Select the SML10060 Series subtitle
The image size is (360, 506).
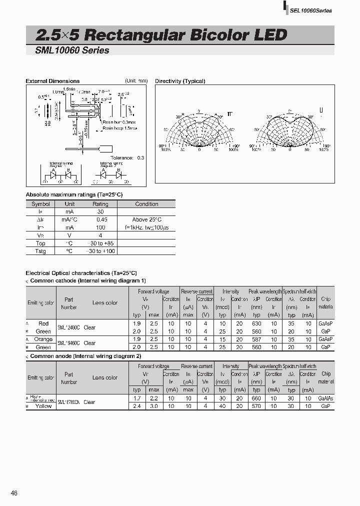click(72, 50)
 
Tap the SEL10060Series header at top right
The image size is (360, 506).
click(310, 10)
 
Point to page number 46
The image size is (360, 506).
click(14, 493)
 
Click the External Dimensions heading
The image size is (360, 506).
click(52, 81)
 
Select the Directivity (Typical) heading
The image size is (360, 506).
click(180, 81)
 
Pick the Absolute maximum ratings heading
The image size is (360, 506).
click(74, 194)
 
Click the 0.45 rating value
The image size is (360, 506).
click(100, 219)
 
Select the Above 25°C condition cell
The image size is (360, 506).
click(146, 219)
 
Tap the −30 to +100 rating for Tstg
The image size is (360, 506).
click(100, 251)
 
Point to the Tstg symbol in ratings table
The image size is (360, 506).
click(40, 251)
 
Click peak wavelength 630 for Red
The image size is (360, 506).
click(256, 323)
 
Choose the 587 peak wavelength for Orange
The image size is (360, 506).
click(256, 339)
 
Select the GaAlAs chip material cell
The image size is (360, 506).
click(325, 398)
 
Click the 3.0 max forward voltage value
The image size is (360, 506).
click(153, 406)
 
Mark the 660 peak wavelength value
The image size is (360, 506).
click(256, 398)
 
